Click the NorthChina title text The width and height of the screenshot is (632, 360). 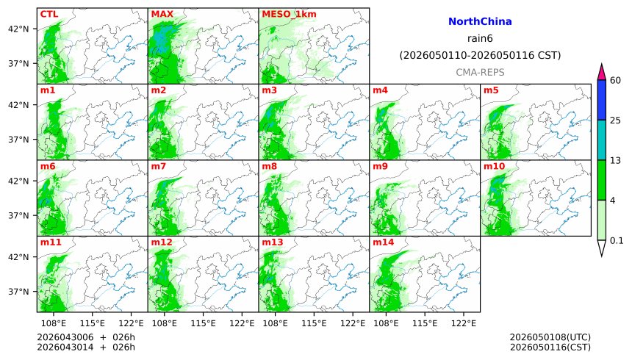click(480, 22)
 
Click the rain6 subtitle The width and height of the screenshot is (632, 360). click(480, 38)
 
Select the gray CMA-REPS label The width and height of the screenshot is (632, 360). click(480, 72)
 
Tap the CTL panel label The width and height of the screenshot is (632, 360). click(49, 14)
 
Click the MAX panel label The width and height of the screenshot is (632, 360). click(162, 14)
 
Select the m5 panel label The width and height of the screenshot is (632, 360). click(491, 90)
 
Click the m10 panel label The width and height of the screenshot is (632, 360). click(494, 167)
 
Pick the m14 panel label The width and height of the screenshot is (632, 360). click(383, 242)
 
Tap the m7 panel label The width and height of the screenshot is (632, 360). click(159, 167)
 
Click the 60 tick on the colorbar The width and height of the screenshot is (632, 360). click(616, 80)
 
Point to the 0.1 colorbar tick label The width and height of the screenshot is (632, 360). click(617, 240)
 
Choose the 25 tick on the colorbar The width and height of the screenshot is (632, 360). click(616, 120)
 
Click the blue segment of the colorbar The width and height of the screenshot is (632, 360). click(602, 100)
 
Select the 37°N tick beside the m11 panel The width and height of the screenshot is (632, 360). click(19, 292)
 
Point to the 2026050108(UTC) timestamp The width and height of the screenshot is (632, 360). click(550, 337)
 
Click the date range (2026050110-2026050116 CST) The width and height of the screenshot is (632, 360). click(480, 55)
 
